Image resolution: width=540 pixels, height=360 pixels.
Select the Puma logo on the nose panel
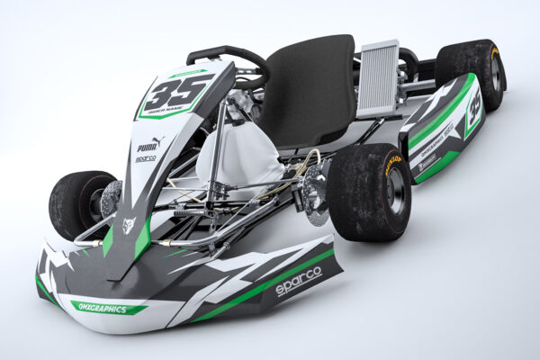tap(148, 144)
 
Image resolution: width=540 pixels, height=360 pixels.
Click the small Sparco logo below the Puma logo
tap(146, 158)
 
